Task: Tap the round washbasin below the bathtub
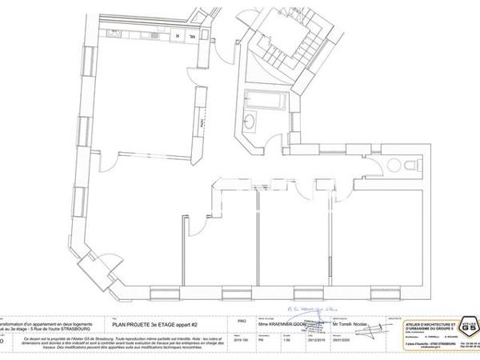click(x=250, y=122)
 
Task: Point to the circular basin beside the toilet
click(x=392, y=165)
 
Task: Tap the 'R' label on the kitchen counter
click(x=178, y=35)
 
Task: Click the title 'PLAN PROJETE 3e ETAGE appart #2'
click(x=151, y=318)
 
